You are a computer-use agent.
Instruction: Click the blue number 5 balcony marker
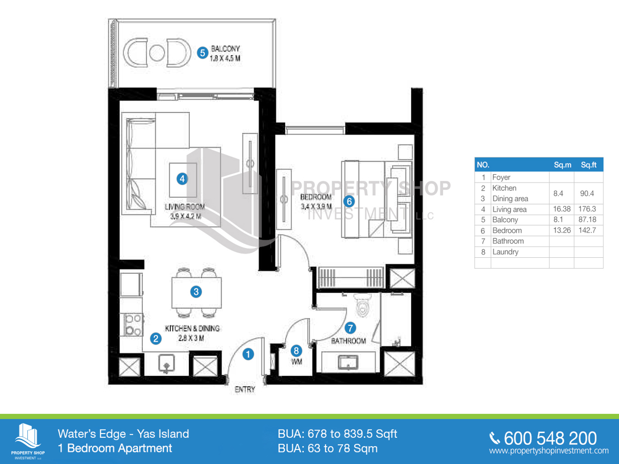pyautogui.click(x=203, y=52)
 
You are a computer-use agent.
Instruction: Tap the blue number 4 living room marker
pyautogui.click(x=182, y=179)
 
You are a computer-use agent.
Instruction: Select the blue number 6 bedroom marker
pyautogui.click(x=349, y=201)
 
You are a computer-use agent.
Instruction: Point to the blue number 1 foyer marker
pyautogui.click(x=248, y=354)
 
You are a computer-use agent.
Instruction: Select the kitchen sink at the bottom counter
pyautogui.click(x=166, y=364)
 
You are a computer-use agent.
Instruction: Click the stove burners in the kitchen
pyautogui.click(x=132, y=325)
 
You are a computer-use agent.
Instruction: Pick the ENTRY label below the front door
pyautogui.click(x=245, y=390)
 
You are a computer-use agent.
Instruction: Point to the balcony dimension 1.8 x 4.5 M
pyautogui.click(x=225, y=59)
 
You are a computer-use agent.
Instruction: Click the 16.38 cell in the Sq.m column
pyautogui.click(x=562, y=209)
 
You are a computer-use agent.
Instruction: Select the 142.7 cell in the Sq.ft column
pyautogui.click(x=588, y=230)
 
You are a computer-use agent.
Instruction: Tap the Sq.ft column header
pyautogui.click(x=588, y=165)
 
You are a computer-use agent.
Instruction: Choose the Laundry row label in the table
pyautogui.click(x=505, y=252)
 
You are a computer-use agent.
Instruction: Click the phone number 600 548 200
pyautogui.click(x=550, y=438)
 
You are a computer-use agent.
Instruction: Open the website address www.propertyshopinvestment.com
pyautogui.click(x=548, y=451)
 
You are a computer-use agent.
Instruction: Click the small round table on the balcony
pyautogui.click(x=158, y=52)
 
